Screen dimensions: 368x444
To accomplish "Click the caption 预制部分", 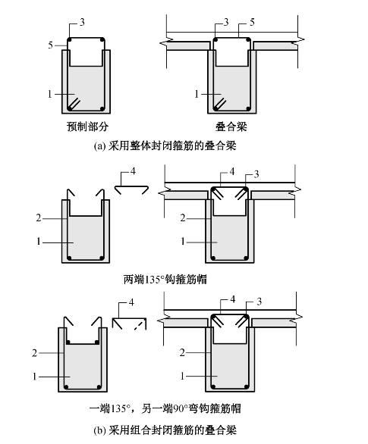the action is point(87,127).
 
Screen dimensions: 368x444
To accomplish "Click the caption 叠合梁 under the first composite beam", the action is point(231,127).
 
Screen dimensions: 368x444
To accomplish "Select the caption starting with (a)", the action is point(165,146).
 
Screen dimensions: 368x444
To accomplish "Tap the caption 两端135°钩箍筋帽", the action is point(165,280).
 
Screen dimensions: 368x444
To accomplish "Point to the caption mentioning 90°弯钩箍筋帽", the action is point(165,408).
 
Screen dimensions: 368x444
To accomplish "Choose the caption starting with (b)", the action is point(165,430).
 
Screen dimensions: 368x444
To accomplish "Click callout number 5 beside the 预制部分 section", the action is point(51,45).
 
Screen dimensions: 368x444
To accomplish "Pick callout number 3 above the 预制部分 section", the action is point(82,22).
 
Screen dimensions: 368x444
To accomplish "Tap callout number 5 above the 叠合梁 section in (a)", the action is point(252,22).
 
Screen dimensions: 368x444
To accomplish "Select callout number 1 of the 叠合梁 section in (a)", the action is point(197,94).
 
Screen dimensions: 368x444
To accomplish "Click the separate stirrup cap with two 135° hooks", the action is point(131,189).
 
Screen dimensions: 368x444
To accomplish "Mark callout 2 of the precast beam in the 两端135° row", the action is point(39,218).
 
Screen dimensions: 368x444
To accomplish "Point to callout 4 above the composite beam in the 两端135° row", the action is point(232,171).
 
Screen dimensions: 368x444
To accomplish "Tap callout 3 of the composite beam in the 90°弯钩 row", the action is point(259,302).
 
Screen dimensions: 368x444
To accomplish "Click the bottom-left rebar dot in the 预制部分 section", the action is point(70,108).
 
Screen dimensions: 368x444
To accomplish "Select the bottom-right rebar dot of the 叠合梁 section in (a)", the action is point(248,109).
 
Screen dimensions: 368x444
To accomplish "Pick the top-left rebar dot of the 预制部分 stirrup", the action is point(70,39).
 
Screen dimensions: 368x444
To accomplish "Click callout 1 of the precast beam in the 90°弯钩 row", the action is point(35,377).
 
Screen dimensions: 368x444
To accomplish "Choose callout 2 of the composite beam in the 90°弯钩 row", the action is point(182,352).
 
